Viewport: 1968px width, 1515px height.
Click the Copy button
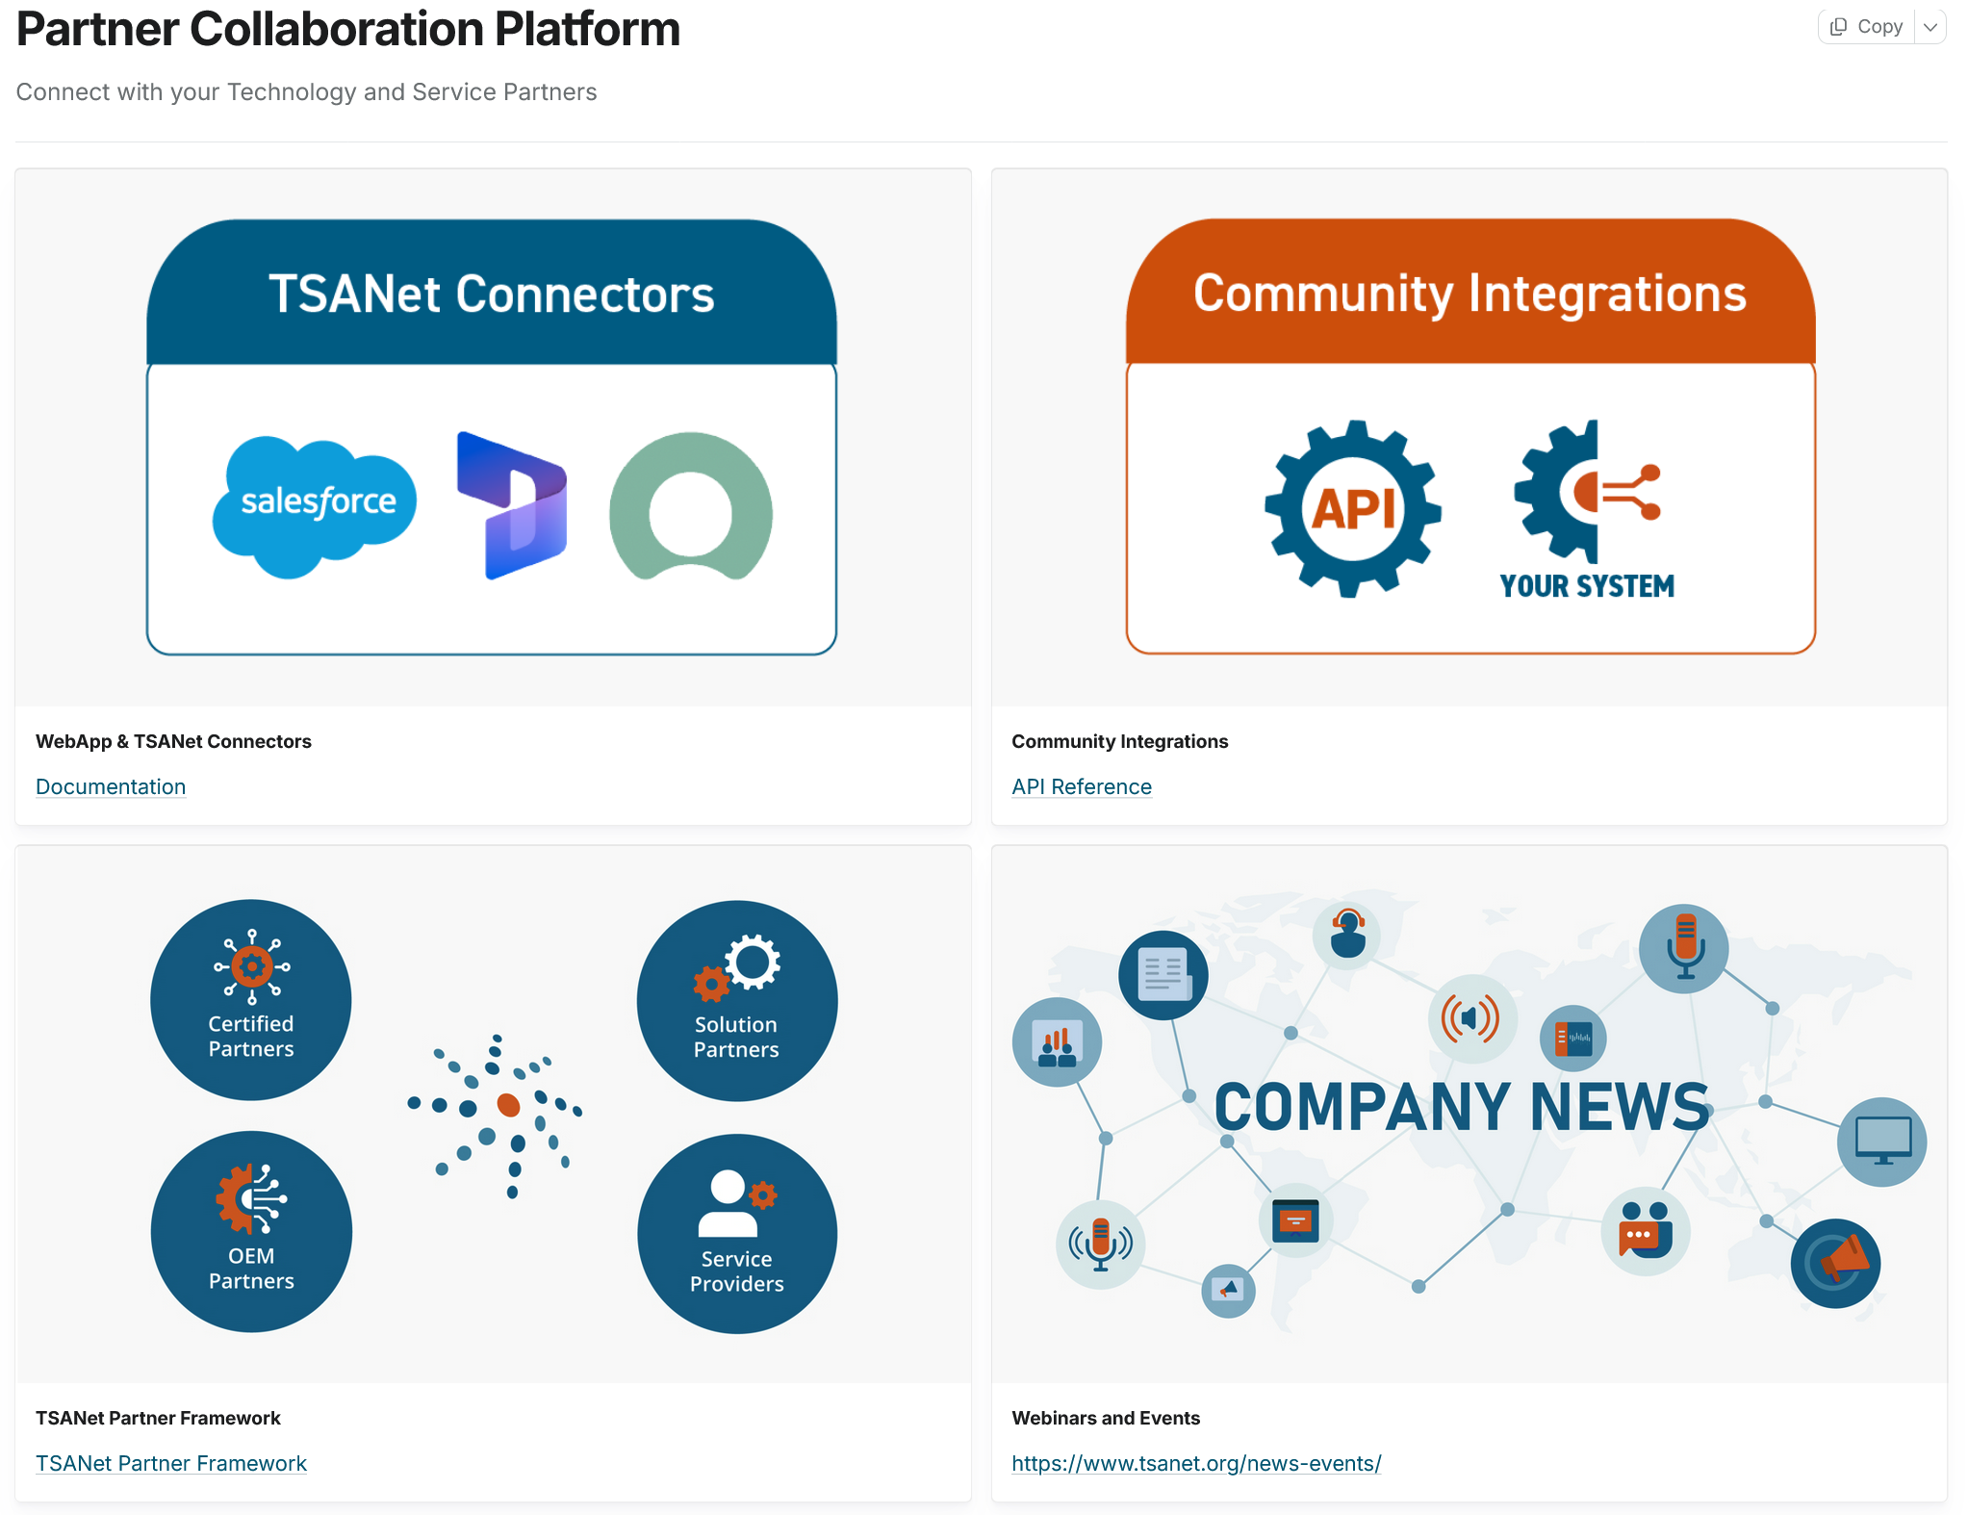(x=1867, y=27)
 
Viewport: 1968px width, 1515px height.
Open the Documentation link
(x=111, y=786)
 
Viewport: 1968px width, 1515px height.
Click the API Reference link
(x=1081, y=786)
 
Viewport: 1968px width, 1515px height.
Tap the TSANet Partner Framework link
(x=170, y=1463)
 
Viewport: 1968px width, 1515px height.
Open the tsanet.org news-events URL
(x=1196, y=1463)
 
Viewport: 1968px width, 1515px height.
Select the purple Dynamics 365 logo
(x=513, y=505)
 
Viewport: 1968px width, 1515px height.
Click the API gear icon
(x=1353, y=508)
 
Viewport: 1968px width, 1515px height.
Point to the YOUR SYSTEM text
(x=1587, y=586)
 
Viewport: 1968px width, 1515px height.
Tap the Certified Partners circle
(x=251, y=1000)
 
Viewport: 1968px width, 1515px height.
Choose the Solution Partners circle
(x=737, y=1001)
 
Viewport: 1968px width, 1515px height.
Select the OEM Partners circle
(x=251, y=1231)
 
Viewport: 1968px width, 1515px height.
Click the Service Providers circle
(x=737, y=1234)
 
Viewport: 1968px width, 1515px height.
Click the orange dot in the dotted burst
(x=508, y=1104)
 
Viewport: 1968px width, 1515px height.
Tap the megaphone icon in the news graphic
(x=1835, y=1263)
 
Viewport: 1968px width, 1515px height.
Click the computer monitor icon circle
(x=1881, y=1142)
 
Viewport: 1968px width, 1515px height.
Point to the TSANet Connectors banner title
(x=492, y=294)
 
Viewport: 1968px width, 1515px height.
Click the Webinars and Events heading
(x=1106, y=1418)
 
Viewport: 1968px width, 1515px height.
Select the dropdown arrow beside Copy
(x=1930, y=27)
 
